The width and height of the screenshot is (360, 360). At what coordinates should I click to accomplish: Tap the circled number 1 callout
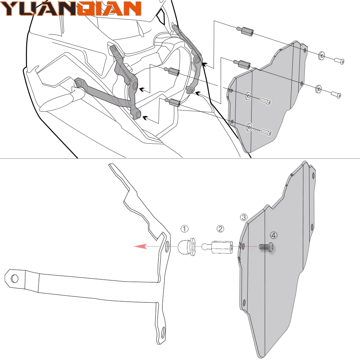coord(184,229)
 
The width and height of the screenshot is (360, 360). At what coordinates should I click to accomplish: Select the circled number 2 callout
coord(220,229)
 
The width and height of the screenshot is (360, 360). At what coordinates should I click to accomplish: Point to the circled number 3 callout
coord(244,217)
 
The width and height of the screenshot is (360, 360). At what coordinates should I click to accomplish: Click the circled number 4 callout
coord(274,235)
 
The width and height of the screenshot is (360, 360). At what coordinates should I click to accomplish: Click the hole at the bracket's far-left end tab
coord(14,278)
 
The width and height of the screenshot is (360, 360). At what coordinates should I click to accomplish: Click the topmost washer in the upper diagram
coord(321,55)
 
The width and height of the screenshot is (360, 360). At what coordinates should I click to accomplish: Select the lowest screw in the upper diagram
coord(267,132)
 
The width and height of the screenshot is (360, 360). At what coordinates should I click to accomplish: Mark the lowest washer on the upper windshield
coord(249,127)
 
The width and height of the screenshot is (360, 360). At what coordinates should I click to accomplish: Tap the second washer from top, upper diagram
coord(318,88)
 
